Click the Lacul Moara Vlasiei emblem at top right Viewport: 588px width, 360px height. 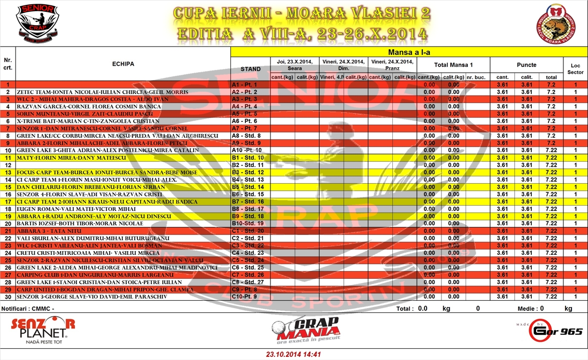tap(559, 25)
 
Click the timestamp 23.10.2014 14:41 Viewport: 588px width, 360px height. tap(293, 354)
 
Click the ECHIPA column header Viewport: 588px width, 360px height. tap(123, 64)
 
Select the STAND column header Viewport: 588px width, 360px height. tap(251, 69)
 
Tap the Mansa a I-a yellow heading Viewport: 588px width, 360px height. tap(409, 52)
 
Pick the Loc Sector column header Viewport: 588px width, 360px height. tap(575, 68)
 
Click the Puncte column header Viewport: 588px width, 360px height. tap(527, 65)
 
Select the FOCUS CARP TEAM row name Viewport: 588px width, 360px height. tap(107, 173)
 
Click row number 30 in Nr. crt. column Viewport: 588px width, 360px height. tap(8, 296)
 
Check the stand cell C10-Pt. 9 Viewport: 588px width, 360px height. tap(246, 296)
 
